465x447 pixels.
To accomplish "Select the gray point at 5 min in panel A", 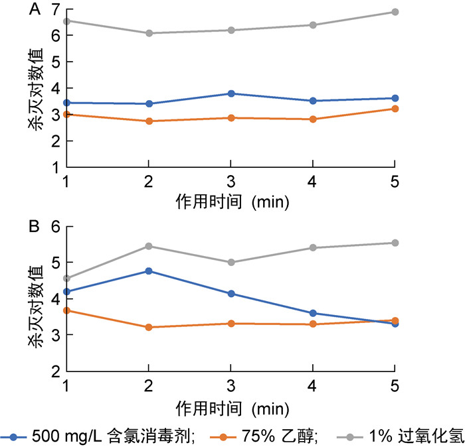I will coord(395,12).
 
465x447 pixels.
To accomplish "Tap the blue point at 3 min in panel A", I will coord(231,94).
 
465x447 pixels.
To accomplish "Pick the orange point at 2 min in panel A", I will coord(148,121).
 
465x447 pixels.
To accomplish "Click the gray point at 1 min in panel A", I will coord(66,21).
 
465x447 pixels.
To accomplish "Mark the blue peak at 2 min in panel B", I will coord(148,271).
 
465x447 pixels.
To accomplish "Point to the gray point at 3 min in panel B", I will coord(231,262).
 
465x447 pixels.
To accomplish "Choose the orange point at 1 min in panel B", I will coord(66,310).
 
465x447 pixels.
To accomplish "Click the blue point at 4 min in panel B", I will coord(313,313).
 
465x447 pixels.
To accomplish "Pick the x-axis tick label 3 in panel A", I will coord(231,182).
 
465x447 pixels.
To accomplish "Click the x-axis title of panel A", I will coord(232,200).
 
